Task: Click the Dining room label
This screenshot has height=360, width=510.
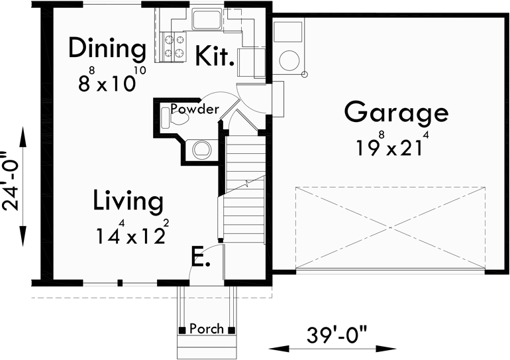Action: coord(107,48)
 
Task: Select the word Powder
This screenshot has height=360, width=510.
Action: coord(194,109)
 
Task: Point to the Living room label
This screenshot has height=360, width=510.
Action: coord(127,200)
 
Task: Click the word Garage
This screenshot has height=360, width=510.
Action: coord(396,112)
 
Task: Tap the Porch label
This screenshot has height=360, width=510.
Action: coord(206,329)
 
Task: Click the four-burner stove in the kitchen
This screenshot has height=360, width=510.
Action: coord(174,46)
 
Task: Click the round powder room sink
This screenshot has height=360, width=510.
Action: coord(201,150)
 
